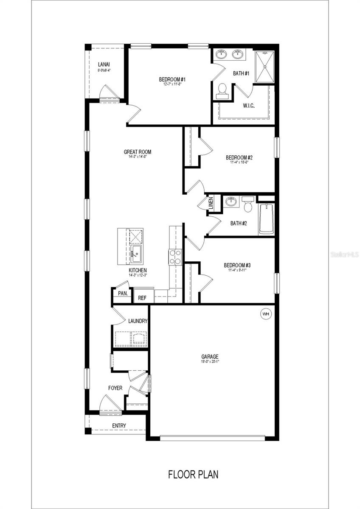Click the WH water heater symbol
tap(266, 314)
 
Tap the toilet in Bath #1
tap(222, 91)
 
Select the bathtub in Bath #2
tap(266, 219)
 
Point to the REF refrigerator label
tap(142, 298)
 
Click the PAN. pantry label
tap(123, 294)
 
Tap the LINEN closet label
tap(211, 203)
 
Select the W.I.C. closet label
tap(249, 106)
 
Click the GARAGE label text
tap(210, 357)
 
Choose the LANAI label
tap(104, 64)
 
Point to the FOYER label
tap(115, 388)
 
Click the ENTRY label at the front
tap(119, 425)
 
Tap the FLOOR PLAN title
tap(193, 474)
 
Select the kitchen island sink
tap(136, 252)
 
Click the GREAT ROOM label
tap(137, 152)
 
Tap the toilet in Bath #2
tap(247, 204)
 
